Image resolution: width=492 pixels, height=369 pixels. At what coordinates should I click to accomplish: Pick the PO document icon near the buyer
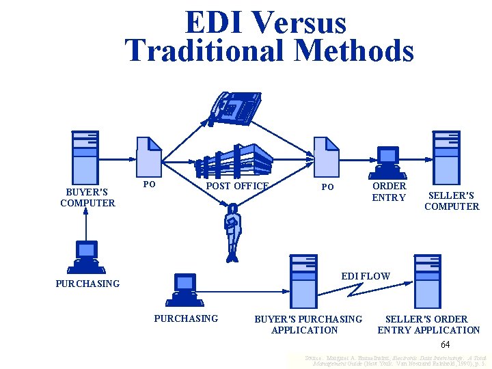point(149,156)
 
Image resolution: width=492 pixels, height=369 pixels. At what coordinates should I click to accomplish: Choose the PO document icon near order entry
point(326,156)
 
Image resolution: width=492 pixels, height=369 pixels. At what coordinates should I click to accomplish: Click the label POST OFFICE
point(237,186)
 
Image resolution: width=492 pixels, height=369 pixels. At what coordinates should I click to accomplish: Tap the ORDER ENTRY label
point(389,192)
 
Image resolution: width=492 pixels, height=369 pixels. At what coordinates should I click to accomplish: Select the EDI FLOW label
point(366,276)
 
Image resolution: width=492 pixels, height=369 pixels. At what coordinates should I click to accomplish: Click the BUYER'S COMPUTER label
point(87,197)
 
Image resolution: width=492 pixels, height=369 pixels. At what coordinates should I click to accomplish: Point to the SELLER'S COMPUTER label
point(452,201)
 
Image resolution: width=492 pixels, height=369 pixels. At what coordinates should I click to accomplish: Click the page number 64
point(445,344)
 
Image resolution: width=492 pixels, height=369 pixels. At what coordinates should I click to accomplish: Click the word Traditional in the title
point(213,51)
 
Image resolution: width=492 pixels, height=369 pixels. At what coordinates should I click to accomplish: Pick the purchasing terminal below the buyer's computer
point(87,257)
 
